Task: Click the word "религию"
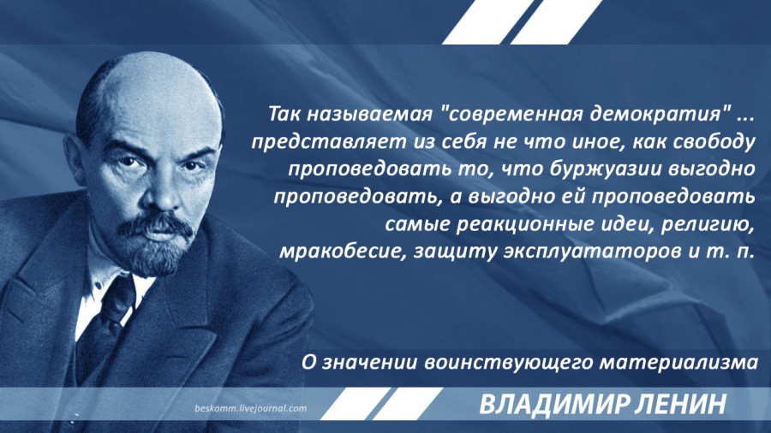click(708, 224)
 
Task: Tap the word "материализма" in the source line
click(678, 363)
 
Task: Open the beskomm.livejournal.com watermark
click(250, 408)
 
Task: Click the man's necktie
click(105, 324)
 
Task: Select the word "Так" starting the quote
click(284, 114)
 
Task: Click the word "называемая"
click(368, 115)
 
